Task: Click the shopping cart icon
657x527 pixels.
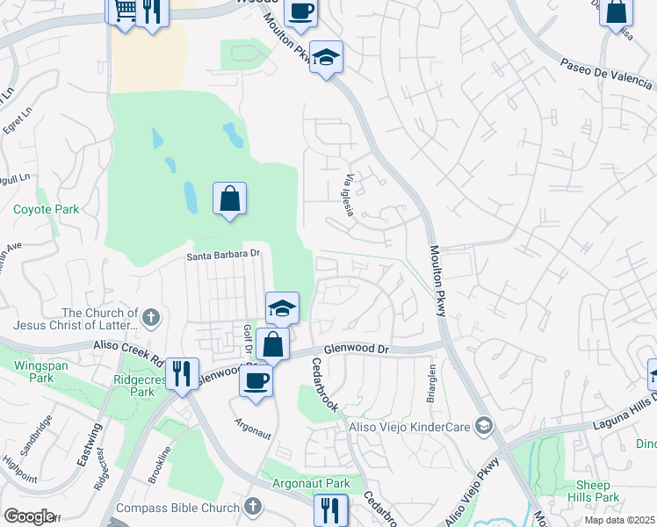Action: click(125, 11)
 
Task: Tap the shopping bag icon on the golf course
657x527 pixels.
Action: click(229, 199)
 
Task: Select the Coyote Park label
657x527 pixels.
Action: click(46, 209)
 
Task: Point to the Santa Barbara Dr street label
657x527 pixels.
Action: click(224, 255)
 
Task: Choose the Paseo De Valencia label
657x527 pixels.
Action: click(607, 71)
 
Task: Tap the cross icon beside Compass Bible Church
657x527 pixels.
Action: click(253, 506)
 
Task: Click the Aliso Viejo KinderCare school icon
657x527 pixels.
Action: click(483, 426)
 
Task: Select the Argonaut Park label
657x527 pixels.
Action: click(313, 484)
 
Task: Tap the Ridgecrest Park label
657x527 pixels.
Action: click(130, 387)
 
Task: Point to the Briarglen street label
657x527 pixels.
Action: click(432, 379)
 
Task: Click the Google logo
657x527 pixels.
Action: click(30, 516)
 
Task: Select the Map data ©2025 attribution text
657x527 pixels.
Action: click(620, 520)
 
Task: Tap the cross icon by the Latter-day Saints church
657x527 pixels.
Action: click(151, 317)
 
